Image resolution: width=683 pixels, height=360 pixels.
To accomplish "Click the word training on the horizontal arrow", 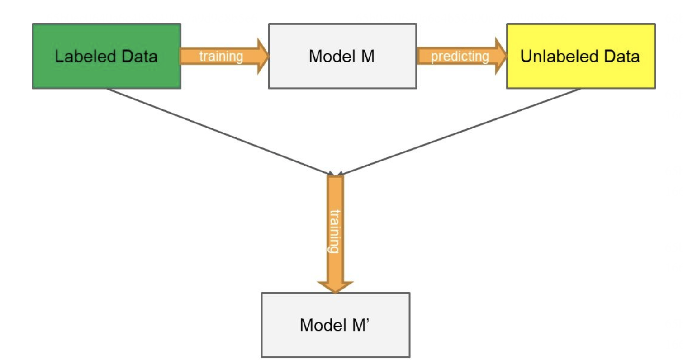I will click(x=221, y=57).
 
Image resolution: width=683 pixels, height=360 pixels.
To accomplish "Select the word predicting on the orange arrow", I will click(x=460, y=57).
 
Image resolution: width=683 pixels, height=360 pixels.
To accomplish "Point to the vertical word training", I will click(x=335, y=231).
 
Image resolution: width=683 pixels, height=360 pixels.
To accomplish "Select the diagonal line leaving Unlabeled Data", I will click(x=459, y=131).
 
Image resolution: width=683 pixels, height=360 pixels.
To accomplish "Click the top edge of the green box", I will click(x=106, y=24).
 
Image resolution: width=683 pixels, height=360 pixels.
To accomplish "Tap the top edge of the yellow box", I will click(x=580, y=24).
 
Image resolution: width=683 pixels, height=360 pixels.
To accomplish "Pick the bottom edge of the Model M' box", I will click(x=335, y=357).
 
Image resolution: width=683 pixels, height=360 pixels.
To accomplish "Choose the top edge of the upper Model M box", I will click(x=342, y=24).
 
